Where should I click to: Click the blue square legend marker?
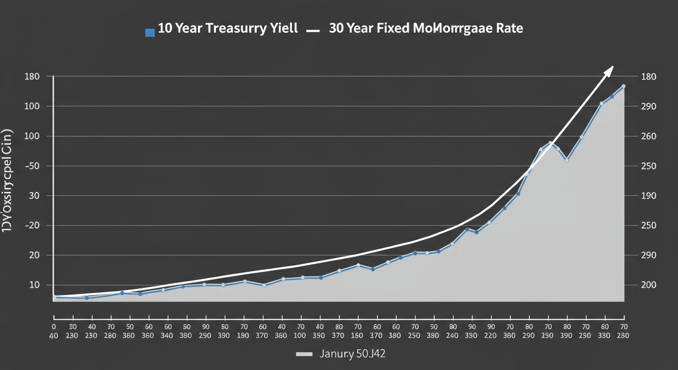pos(150,33)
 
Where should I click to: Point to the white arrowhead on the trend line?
pos(609,70)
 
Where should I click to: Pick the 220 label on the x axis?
pos(491,335)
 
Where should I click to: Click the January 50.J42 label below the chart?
pos(352,355)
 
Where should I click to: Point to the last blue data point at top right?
pos(624,86)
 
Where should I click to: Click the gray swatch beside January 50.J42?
pos(304,355)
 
